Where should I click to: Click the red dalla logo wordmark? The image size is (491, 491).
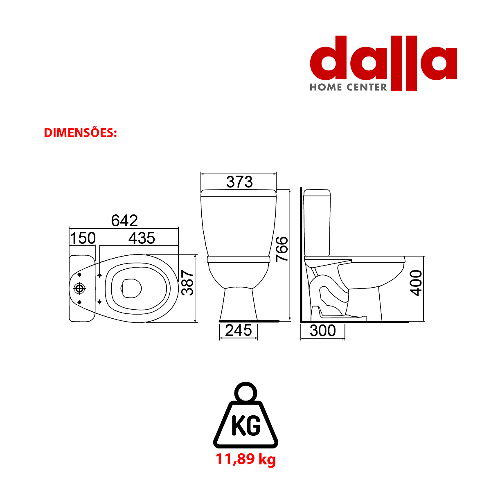383,63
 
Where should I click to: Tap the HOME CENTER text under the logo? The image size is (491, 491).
348,88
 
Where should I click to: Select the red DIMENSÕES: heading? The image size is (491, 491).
80,133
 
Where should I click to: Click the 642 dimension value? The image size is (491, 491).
124,221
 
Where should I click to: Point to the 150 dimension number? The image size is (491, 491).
83,238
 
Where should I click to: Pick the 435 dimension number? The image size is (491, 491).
142,238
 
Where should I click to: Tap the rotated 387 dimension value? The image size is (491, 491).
187,283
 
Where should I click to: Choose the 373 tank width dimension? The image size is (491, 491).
239,182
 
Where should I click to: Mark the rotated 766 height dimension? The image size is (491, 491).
282,249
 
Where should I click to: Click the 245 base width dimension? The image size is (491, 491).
239,330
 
